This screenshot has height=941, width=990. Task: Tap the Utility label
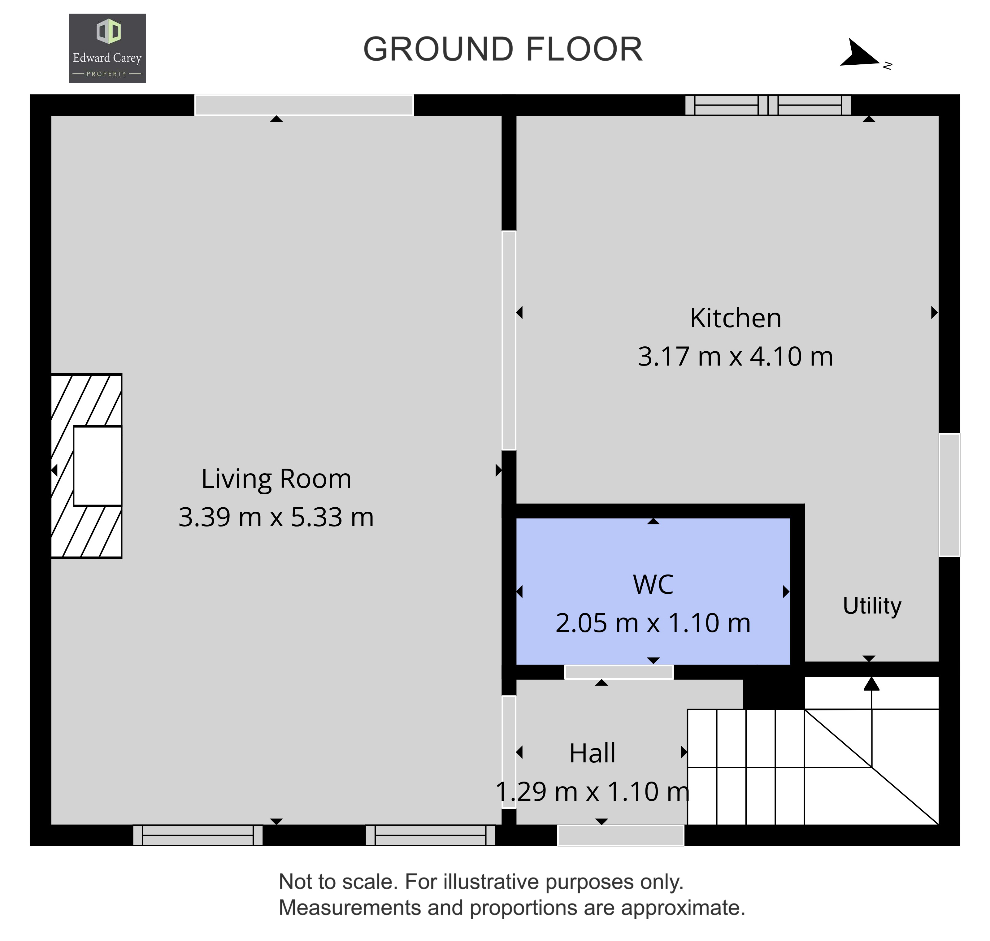click(872, 606)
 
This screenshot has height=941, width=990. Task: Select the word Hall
click(592, 753)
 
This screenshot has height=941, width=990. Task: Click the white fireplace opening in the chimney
click(98, 466)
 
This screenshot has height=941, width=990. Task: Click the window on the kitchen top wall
click(768, 105)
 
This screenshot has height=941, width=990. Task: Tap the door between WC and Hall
click(619, 672)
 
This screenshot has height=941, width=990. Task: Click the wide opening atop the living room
click(304, 105)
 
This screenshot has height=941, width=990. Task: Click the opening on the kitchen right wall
click(949, 495)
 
